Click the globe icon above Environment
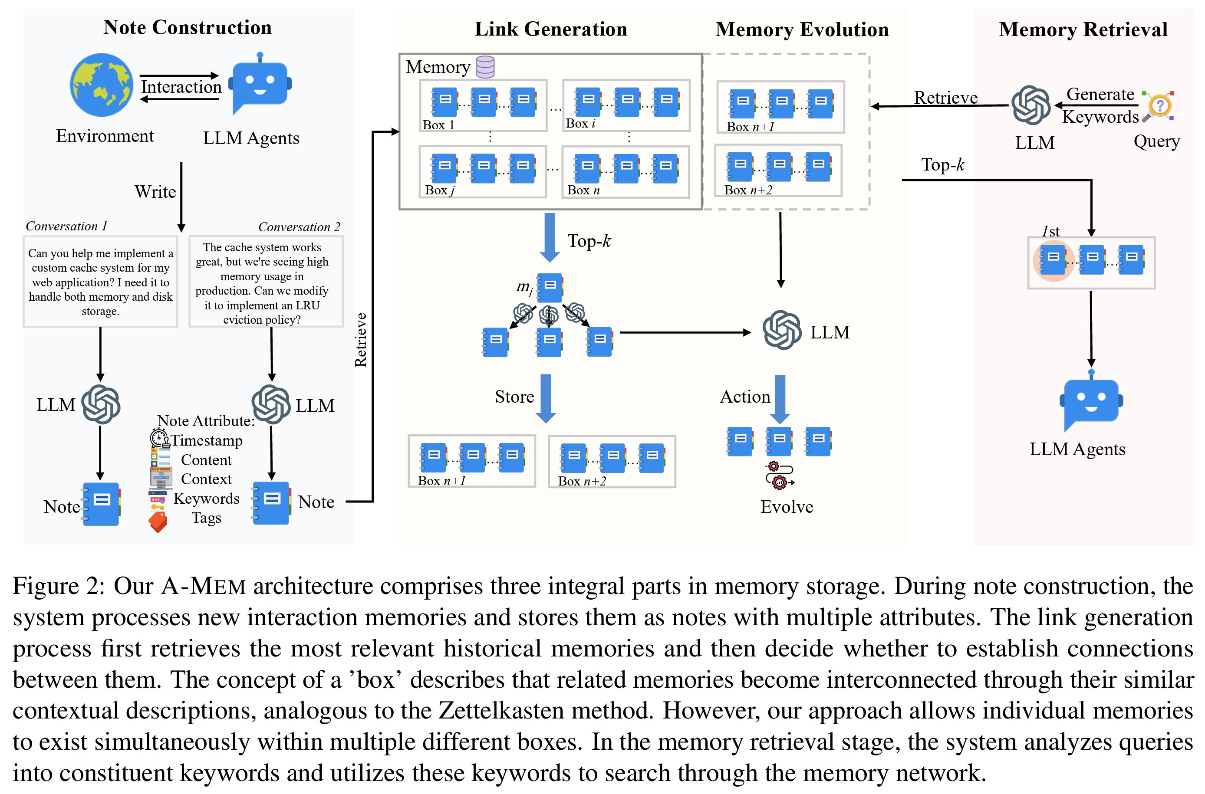(101, 85)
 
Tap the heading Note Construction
(188, 27)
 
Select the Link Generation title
(550, 29)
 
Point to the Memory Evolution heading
(802, 30)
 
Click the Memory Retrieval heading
(1083, 30)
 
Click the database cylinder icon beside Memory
(485, 67)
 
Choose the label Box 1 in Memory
(438, 125)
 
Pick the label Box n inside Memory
(583, 190)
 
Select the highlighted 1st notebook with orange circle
(1053, 260)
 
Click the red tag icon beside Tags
(158, 522)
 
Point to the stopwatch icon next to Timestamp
(159, 437)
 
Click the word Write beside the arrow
(155, 192)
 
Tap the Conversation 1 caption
(66, 226)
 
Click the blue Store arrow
(546, 398)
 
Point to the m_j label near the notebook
(524, 287)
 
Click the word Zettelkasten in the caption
(543, 710)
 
